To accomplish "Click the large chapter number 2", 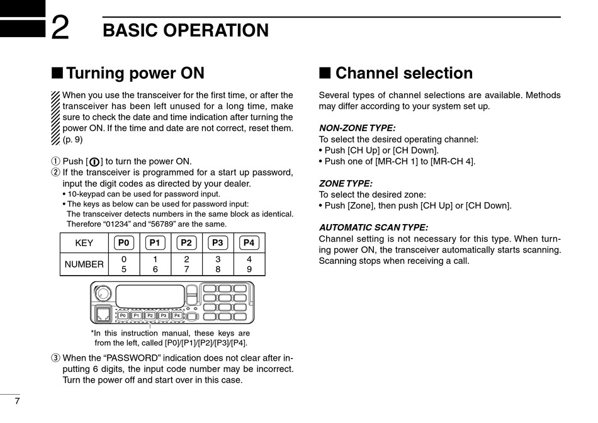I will click(x=60, y=28).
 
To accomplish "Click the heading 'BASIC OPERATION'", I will click(x=185, y=31).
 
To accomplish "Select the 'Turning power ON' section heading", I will click(x=135, y=74).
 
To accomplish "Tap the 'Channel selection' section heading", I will click(x=403, y=74).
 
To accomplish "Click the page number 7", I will click(x=17, y=402).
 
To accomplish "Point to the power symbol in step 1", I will click(x=94, y=161).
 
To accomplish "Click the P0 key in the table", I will click(x=124, y=242).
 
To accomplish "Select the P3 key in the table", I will click(x=218, y=242).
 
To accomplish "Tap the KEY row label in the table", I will click(x=84, y=243).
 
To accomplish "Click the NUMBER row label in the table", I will click(x=84, y=264).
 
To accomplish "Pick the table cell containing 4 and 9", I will click(x=249, y=264).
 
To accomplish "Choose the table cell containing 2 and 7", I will click(x=186, y=264).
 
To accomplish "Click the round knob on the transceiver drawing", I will click(x=103, y=294).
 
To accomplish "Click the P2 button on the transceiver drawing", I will click(x=150, y=315).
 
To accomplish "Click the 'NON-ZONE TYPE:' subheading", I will click(x=357, y=128).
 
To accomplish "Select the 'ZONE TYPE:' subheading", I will click(x=346, y=184).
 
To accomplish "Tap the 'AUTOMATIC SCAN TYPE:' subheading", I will click(x=373, y=227).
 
